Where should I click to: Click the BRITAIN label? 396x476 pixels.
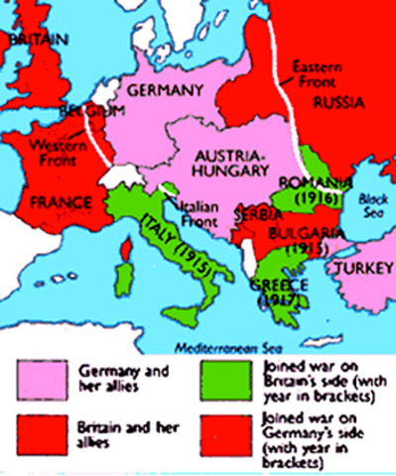click(x=32, y=40)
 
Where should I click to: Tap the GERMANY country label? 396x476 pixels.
click(x=163, y=85)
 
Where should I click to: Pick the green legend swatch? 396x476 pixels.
click(x=225, y=377)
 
